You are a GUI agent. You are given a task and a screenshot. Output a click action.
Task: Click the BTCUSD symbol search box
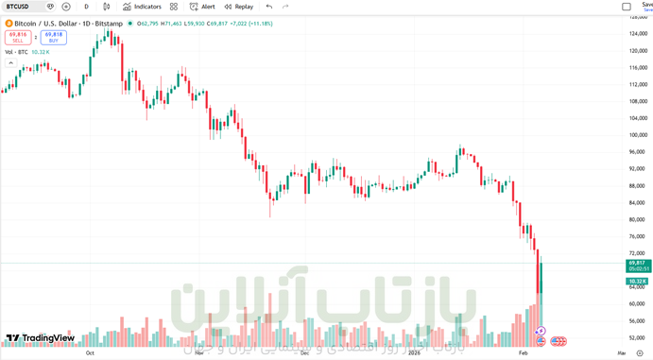point(21,7)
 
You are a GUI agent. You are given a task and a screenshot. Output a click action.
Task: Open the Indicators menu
point(142,7)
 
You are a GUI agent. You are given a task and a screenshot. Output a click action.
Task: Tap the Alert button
point(202,7)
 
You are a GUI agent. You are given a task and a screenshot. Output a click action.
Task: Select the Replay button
point(238,7)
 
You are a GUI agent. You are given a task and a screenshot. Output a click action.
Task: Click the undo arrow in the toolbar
point(269,7)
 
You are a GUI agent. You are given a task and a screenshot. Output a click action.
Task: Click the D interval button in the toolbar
point(86,7)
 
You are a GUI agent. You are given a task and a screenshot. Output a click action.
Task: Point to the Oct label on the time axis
point(90,352)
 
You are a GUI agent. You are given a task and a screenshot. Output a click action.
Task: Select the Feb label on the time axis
point(525,352)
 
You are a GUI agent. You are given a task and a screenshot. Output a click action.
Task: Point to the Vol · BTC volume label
point(16,52)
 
